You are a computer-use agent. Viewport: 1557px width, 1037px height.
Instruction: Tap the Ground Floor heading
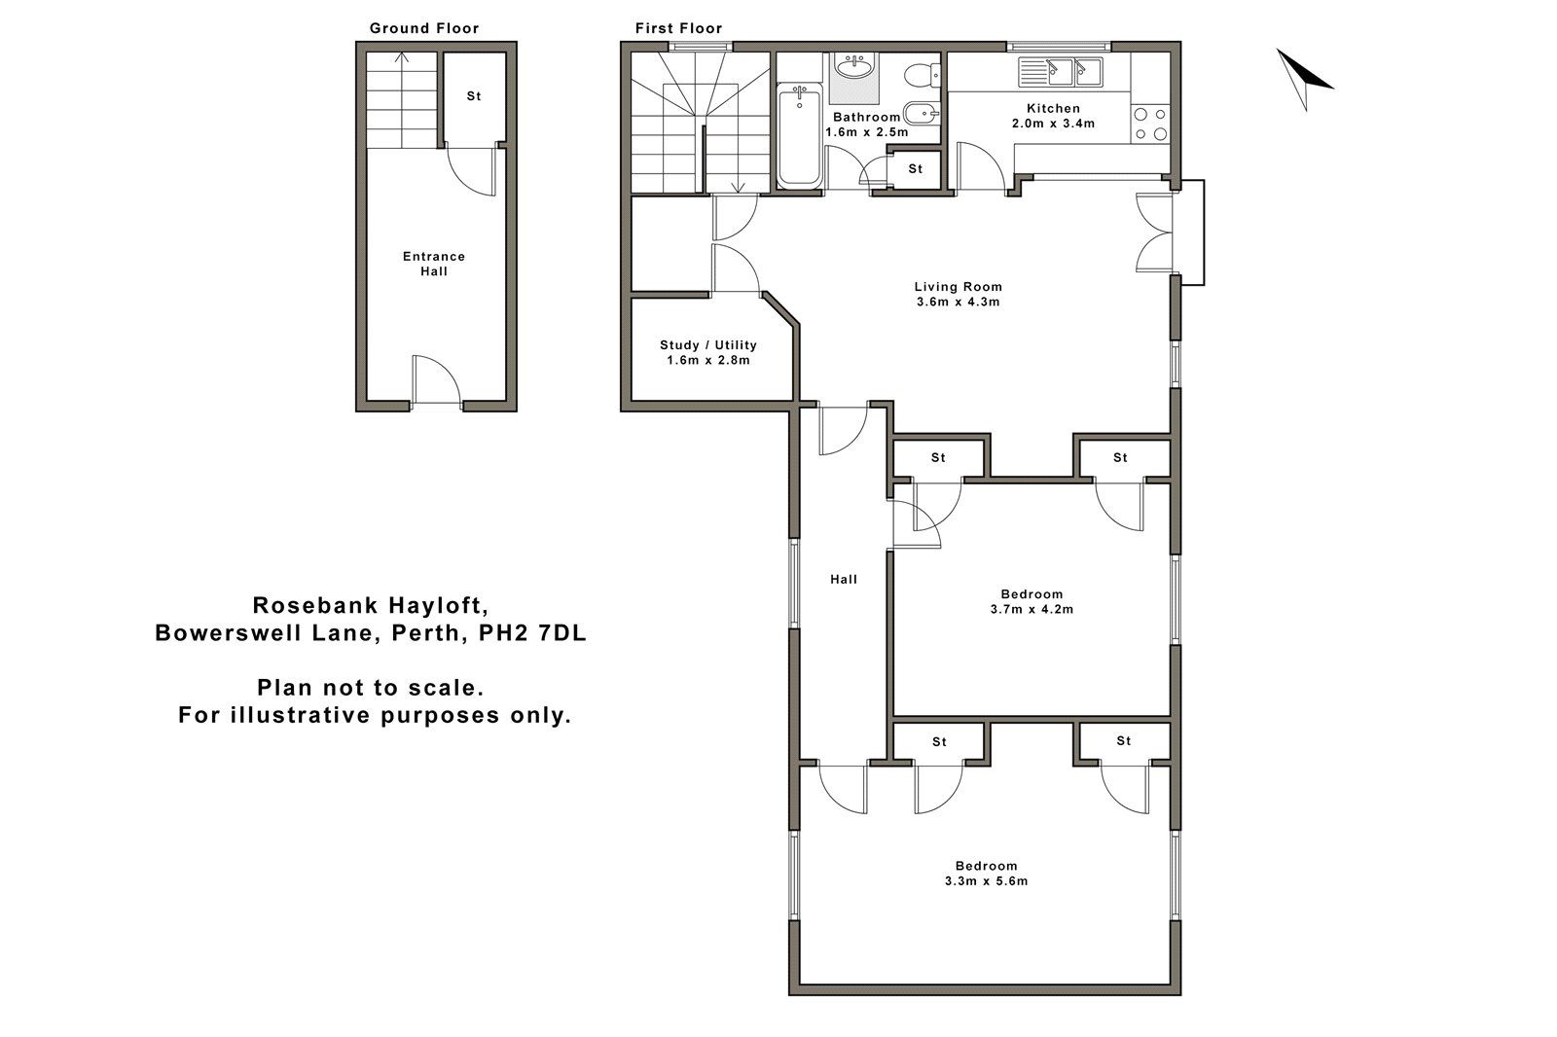(424, 28)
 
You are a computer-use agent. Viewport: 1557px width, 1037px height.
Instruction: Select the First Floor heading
(678, 28)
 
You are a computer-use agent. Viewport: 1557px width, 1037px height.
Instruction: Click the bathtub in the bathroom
(799, 136)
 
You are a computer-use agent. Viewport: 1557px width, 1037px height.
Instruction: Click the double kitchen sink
(1059, 70)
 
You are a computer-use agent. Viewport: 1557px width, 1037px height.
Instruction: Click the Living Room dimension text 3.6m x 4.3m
(958, 302)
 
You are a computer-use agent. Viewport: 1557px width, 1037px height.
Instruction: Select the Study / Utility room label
(707, 344)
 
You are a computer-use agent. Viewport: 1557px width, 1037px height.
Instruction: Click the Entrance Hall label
(434, 264)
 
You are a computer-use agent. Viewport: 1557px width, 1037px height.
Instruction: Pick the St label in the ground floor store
(474, 96)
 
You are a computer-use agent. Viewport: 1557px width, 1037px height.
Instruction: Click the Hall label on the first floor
(843, 579)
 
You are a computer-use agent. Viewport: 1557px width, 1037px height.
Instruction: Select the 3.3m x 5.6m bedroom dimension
(986, 881)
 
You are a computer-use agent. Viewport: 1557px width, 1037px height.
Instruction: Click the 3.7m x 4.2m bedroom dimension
(1032, 610)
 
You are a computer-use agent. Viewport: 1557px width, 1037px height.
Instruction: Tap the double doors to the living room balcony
(1156, 232)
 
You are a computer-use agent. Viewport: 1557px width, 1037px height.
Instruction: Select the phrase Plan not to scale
(371, 688)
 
